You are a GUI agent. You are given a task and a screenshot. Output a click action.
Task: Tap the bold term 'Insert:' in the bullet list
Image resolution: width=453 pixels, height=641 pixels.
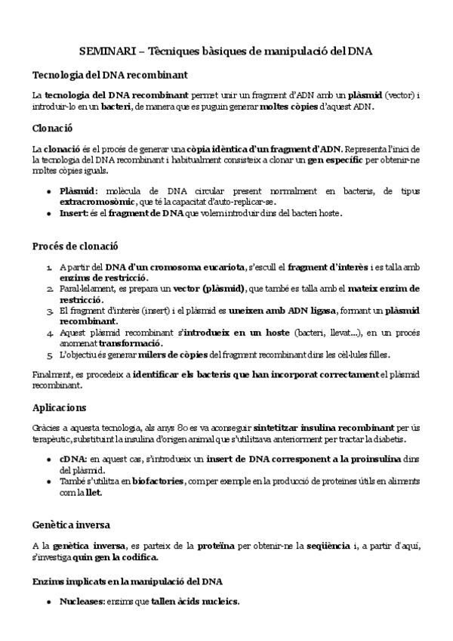75,213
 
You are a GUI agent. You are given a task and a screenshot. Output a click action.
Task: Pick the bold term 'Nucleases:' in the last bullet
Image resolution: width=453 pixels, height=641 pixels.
82,602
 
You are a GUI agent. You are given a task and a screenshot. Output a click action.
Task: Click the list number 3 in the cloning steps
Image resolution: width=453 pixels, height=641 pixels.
48,311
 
